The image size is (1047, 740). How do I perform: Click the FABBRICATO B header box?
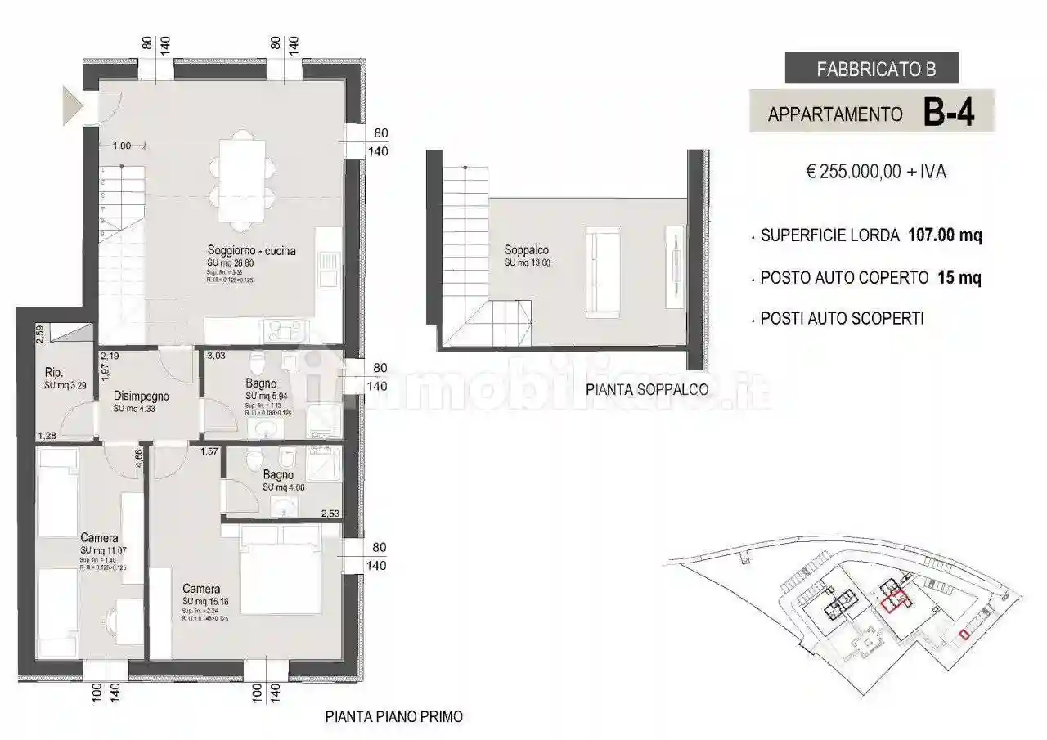point(871,69)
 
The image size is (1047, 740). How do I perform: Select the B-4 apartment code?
point(948,113)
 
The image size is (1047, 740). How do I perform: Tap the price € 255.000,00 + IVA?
point(876,173)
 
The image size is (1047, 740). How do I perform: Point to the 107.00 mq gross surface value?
point(945,236)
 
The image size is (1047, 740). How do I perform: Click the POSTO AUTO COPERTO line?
point(870,278)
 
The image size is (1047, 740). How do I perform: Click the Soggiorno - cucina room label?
point(251,251)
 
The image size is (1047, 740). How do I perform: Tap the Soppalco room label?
point(526,250)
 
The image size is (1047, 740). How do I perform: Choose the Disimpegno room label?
point(141,396)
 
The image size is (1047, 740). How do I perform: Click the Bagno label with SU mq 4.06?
point(278,474)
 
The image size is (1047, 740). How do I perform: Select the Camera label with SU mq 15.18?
point(200,589)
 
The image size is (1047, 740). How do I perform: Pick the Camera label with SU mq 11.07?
point(98,538)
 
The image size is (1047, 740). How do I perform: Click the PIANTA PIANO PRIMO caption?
point(393,717)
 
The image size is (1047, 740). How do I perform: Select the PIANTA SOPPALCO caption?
point(647,390)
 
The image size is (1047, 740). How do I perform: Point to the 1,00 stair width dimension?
point(121,146)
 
